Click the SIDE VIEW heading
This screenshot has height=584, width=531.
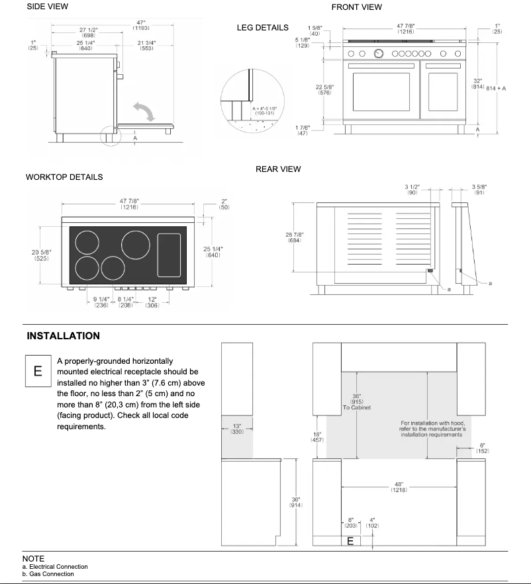pyautogui.click(x=47, y=7)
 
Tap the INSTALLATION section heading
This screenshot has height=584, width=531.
pyautogui.click(x=64, y=336)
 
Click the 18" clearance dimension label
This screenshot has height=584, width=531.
pyautogui.click(x=318, y=437)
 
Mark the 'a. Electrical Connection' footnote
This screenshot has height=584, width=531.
pyautogui.click(x=54, y=567)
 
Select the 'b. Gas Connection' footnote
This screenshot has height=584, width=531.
pyautogui.click(x=48, y=573)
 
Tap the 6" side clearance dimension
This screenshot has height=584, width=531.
pyautogui.click(x=483, y=448)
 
